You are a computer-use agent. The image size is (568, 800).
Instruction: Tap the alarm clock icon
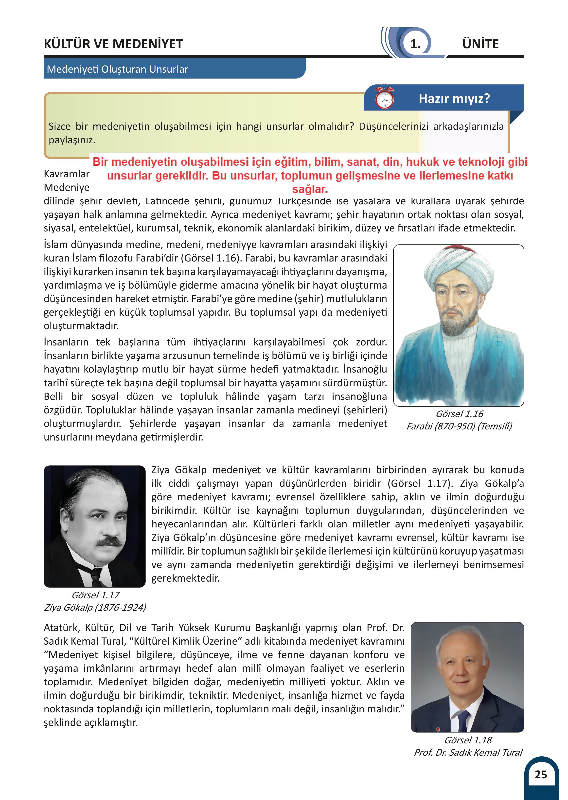click(384, 97)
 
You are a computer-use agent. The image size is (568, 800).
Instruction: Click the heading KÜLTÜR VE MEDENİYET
click(113, 44)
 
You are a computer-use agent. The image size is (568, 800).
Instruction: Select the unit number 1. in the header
click(415, 44)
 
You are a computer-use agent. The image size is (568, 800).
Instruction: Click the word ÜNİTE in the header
click(480, 44)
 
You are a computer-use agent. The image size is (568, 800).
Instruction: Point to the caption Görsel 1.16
click(459, 414)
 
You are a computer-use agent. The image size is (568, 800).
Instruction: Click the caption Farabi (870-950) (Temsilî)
click(459, 426)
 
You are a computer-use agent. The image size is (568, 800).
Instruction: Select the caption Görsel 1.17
click(95, 595)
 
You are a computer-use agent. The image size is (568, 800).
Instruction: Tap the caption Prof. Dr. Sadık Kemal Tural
click(468, 752)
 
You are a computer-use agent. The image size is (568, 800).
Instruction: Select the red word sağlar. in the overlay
click(310, 189)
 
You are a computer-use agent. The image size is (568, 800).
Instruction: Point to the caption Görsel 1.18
click(468, 740)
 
